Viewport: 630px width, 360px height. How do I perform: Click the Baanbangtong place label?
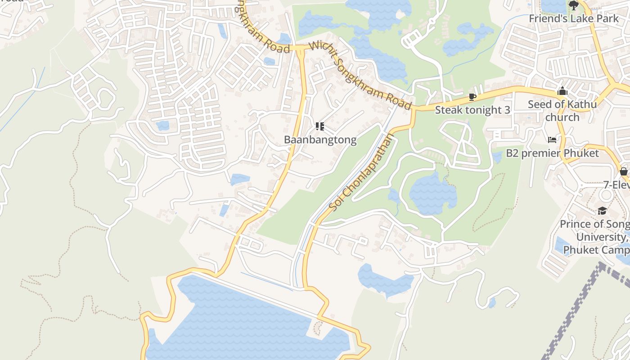[x=320, y=140]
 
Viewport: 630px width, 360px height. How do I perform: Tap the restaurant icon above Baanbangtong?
[x=320, y=126]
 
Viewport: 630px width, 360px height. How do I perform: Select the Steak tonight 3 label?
[x=472, y=110]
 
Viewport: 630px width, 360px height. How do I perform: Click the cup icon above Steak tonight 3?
[x=472, y=97]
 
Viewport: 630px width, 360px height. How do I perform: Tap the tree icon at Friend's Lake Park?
[x=573, y=5]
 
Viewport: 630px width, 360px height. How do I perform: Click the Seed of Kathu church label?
[x=562, y=111]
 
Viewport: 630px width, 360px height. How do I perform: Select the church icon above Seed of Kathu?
[x=562, y=91]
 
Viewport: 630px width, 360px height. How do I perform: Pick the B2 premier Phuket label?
[x=553, y=153]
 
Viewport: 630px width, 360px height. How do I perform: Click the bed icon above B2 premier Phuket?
[x=552, y=140]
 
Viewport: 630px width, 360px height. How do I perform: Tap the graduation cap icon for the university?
[x=602, y=211]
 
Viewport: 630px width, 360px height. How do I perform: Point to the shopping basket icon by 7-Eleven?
[x=623, y=171]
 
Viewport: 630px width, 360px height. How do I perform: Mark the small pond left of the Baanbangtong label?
[x=240, y=180]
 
